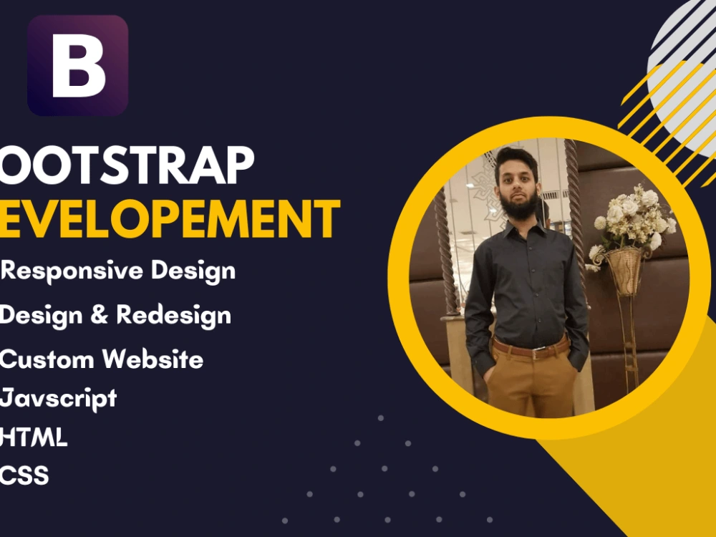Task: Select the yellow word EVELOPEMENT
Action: (x=170, y=219)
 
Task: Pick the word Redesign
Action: (x=173, y=315)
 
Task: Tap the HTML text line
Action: (x=34, y=437)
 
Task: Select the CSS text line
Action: (x=25, y=475)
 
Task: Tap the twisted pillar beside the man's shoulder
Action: (x=447, y=258)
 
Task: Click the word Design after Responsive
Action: (x=196, y=271)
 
